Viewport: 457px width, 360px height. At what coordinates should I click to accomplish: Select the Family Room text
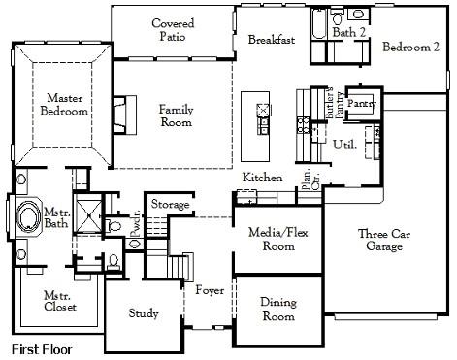tap(177, 115)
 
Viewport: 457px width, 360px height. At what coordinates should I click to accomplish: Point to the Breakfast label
tap(271, 40)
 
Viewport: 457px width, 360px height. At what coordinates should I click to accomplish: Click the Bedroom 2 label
tap(410, 48)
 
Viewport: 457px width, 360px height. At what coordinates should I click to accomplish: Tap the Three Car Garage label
tap(387, 240)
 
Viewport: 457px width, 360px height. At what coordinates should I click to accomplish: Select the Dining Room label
tap(278, 310)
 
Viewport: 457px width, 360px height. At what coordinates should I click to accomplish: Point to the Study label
tap(144, 313)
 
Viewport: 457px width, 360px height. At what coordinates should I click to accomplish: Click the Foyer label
tap(210, 290)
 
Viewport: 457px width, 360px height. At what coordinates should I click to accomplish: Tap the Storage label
tap(170, 204)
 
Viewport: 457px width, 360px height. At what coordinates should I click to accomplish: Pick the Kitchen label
tap(262, 178)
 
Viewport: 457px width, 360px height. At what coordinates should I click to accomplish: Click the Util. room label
tap(344, 145)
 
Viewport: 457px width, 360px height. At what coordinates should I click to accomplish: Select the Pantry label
tap(361, 102)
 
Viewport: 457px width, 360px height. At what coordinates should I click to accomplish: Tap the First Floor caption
tap(41, 348)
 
